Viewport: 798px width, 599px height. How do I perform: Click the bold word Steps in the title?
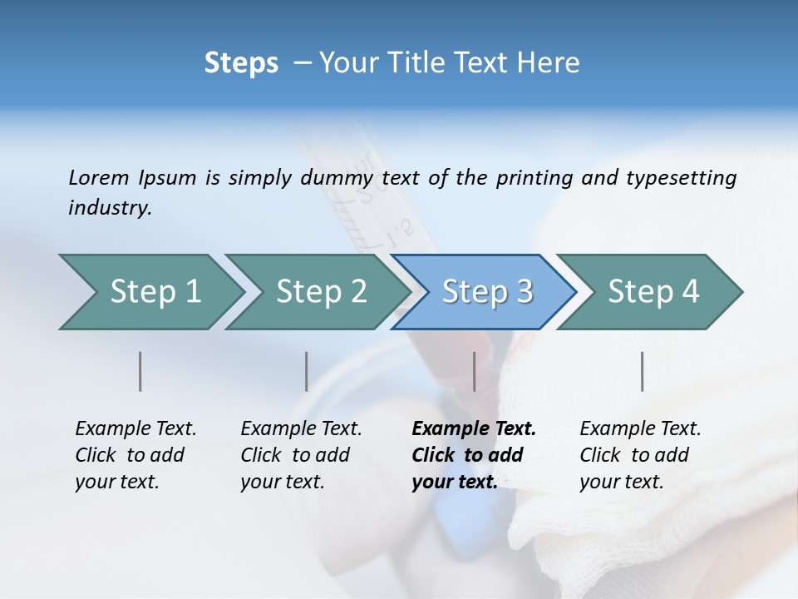(241, 63)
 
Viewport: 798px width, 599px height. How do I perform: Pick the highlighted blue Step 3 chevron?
(487, 292)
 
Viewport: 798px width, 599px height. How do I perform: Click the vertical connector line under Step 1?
(140, 371)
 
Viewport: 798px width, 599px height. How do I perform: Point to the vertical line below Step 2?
(307, 371)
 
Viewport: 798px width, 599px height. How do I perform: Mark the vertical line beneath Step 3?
(475, 371)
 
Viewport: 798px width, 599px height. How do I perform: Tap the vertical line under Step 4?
(643, 371)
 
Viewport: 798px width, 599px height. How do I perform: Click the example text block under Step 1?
(135, 455)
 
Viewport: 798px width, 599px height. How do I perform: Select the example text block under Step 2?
(301, 455)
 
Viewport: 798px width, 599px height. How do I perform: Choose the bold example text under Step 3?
(474, 455)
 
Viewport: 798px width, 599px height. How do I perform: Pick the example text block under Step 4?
(640, 455)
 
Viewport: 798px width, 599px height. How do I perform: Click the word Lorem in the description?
(99, 177)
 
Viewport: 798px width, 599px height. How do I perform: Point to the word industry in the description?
(110, 208)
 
